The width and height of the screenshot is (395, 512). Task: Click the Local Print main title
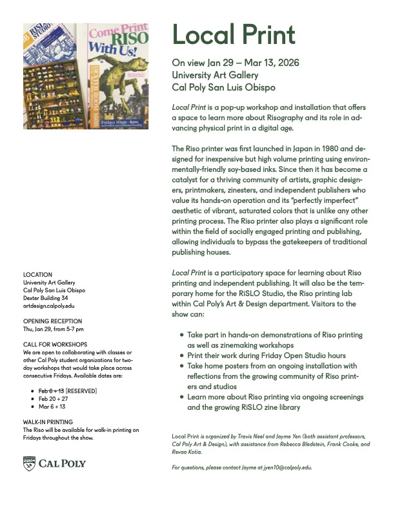pyautogui.click(x=233, y=35)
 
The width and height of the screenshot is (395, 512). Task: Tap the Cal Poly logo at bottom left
pyautogui.click(x=55, y=463)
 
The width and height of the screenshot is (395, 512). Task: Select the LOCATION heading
pyautogui.click(x=37, y=275)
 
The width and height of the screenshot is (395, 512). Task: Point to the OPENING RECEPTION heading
pyautogui.click(x=52, y=321)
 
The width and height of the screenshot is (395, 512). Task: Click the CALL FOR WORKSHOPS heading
pyautogui.click(x=55, y=345)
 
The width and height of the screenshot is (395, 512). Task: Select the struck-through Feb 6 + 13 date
pyautogui.click(x=52, y=390)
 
